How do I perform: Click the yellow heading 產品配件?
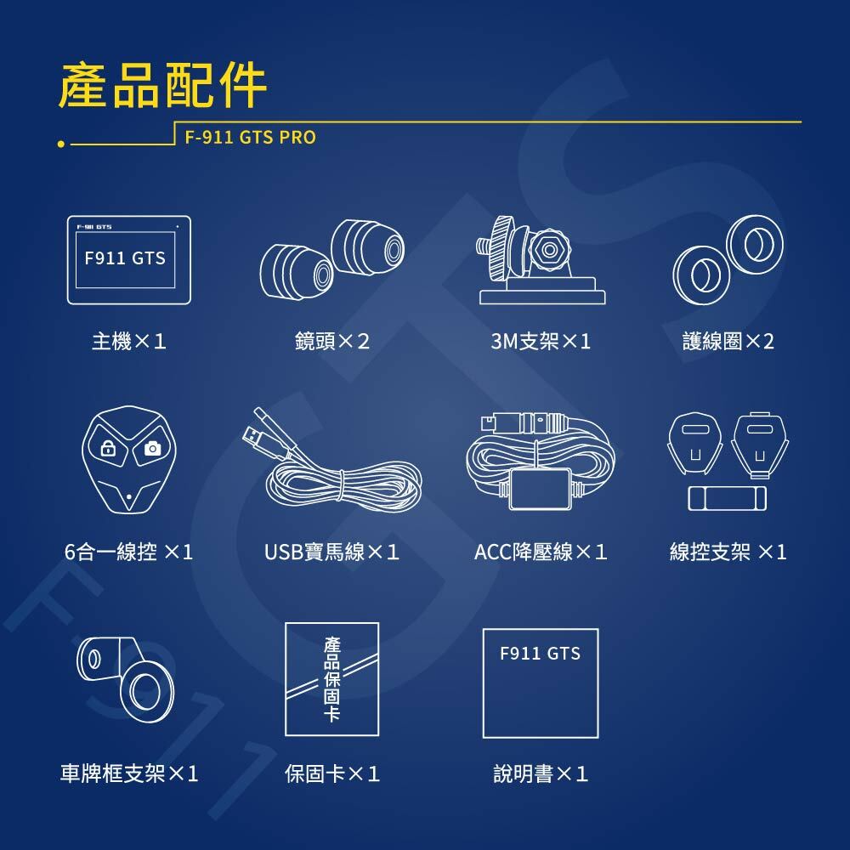click(162, 86)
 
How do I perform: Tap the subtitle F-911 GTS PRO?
click(251, 137)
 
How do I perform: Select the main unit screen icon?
click(129, 259)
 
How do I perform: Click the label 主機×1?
click(129, 342)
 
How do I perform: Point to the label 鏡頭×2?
click(332, 342)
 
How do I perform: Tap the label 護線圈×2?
click(728, 342)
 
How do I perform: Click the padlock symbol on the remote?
click(109, 448)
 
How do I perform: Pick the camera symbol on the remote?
click(152, 448)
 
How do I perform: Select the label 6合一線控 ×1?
click(129, 552)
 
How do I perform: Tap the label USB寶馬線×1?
click(332, 552)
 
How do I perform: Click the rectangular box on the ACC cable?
click(541, 489)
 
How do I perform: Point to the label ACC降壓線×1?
click(541, 552)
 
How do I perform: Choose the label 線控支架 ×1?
click(728, 552)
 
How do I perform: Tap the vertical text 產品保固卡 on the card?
click(331, 679)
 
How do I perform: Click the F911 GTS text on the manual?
click(540, 654)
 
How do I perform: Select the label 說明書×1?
click(541, 773)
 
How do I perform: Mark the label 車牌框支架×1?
click(129, 773)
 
